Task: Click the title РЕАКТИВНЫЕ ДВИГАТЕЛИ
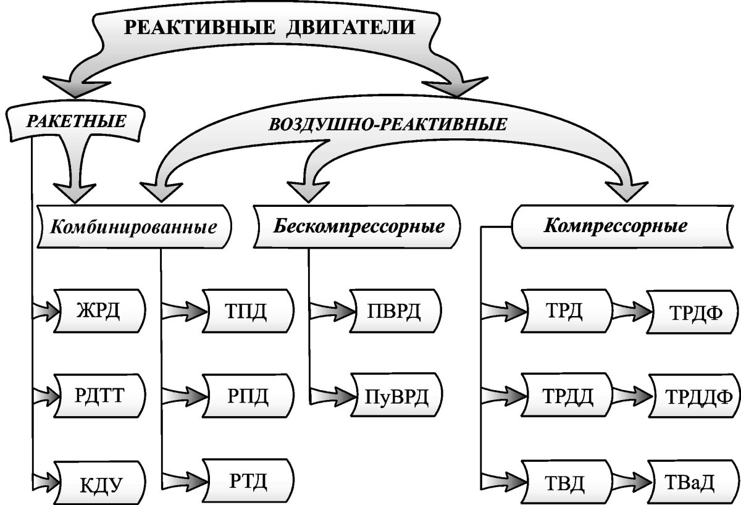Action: (270, 28)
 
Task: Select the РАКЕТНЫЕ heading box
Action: (75, 120)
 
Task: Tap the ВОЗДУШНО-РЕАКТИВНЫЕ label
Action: (388, 123)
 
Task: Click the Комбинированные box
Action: (134, 227)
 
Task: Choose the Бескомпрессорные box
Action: (359, 226)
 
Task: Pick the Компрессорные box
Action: (616, 226)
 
